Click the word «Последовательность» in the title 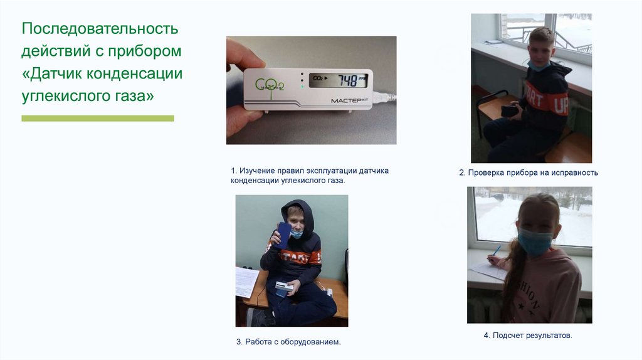tap(100, 29)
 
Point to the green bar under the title tap(98, 119)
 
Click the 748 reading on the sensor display tap(347, 80)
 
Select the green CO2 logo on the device tap(270, 86)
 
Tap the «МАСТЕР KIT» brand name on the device tap(349, 100)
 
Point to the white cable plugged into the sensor tap(385, 97)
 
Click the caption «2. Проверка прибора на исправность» tap(529, 173)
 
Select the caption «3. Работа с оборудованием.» tap(288, 342)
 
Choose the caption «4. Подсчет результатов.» tap(528, 336)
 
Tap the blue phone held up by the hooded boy tap(283, 235)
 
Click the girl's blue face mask tap(535, 241)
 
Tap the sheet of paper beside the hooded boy tap(246, 282)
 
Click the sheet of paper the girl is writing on tap(488, 270)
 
